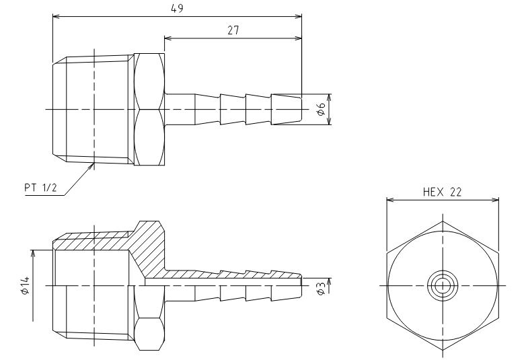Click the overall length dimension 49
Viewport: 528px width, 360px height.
point(177,9)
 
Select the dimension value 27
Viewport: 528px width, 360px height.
point(233,30)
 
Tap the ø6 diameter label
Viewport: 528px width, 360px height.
point(322,110)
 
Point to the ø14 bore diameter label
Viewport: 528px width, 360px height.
point(26,285)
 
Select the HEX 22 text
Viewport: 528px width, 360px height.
point(442,192)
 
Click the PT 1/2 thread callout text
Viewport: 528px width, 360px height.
point(40,188)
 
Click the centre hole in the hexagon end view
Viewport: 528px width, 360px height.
point(443,285)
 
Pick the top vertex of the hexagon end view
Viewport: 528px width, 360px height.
point(443,221)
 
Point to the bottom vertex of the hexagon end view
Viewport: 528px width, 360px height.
point(443,350)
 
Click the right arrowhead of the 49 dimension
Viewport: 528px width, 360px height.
point(299,16)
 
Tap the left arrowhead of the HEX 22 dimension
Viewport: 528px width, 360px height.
point(390,200)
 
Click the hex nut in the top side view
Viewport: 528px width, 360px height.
point(149,109)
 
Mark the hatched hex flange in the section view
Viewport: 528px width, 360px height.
point(149,249)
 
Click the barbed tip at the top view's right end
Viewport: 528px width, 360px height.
point(287,110)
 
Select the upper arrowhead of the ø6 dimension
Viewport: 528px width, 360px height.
point(330,98)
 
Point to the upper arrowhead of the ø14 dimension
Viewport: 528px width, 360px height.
point(33,254)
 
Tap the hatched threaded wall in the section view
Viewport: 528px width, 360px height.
point(93,240)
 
